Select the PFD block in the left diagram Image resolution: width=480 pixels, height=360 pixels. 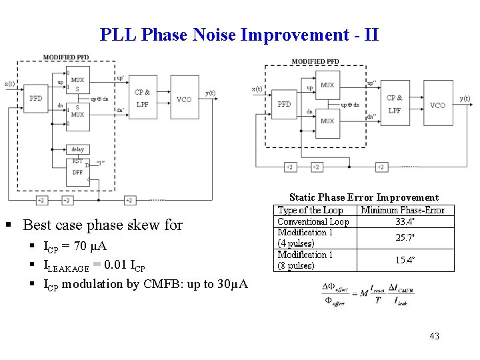36,98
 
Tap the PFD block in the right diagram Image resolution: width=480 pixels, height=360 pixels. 284,105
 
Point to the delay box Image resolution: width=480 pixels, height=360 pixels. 78,149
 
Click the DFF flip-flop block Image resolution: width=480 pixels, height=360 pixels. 79,171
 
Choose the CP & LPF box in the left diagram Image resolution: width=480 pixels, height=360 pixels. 143,97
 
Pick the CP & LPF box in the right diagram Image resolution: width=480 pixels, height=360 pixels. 394,103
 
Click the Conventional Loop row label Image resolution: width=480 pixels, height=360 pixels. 313,221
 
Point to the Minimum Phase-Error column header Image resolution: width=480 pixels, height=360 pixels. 403,210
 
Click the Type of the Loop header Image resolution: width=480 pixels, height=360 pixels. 310,210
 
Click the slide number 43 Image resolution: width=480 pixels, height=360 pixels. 435,335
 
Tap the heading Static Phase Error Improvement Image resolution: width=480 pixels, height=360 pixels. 363,197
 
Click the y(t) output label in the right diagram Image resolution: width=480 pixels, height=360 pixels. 465,99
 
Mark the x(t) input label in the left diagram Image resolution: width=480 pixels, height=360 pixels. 10,83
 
